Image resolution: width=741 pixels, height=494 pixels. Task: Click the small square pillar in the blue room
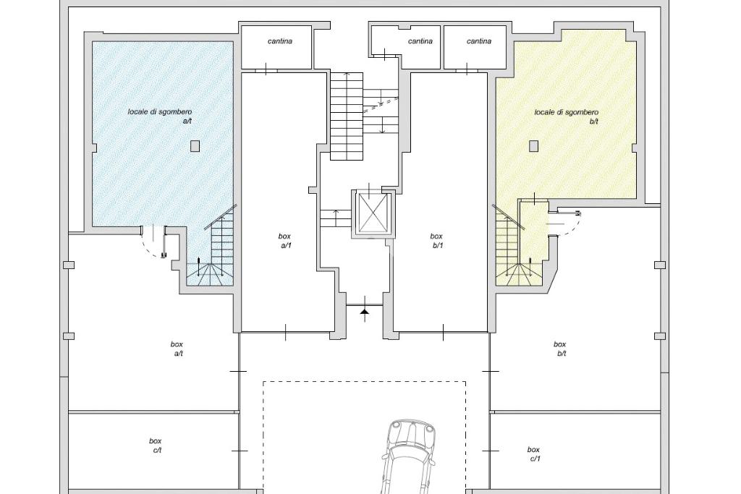coord(195,146)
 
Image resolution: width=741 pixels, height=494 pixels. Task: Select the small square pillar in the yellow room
coord(534,146)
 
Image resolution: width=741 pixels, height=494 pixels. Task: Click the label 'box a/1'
coord(284,240)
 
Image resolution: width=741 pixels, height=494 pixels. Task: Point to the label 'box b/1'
coord(436,240)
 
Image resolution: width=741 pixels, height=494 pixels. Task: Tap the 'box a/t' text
coord(177,349)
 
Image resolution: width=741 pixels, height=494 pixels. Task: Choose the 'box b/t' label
coord(560,349)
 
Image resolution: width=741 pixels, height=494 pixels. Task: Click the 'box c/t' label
coord(156,446)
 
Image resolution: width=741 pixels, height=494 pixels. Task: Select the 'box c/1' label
coord(533,453)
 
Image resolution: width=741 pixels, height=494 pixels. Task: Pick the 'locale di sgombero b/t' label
coord(566,116)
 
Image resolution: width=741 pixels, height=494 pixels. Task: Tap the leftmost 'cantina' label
coord(280,41)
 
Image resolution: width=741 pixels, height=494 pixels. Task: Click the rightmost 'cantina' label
coord(479,41)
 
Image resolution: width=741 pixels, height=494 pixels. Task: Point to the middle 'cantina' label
coord(420,41)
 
